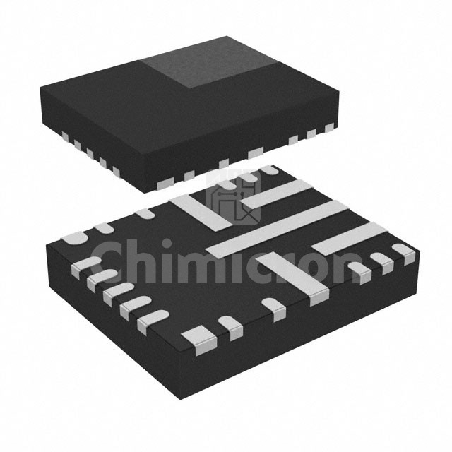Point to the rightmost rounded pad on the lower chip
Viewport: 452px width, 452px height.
pyautogui.click(x=403, y=251)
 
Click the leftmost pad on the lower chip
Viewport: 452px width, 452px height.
pyautogui.click(x=73, y=238)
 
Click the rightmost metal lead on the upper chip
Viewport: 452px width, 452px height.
pyautogui.click(x=329, y=128)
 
